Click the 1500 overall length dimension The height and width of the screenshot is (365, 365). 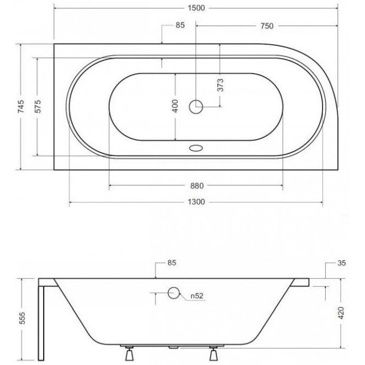coord(196,8)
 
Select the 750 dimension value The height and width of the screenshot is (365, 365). coord(267,26)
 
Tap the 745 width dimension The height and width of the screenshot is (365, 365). coord(21,107)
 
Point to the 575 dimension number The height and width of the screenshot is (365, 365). coord(38,107)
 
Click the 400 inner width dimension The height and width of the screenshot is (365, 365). coord(175,106)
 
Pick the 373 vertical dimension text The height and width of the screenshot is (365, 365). coord(220,85)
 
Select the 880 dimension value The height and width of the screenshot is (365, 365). coord(197,186)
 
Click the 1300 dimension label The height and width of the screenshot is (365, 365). coord(196,202)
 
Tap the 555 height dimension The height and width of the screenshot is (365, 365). coord(22,318)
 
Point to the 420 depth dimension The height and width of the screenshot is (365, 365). coord(341,313)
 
